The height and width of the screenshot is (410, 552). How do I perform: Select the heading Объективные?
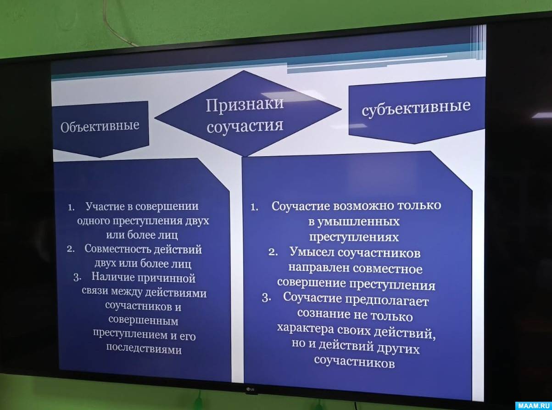[100, 126]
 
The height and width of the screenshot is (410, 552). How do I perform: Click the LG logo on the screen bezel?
[251, 389]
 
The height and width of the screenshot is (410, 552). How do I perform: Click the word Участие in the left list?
[105, 207]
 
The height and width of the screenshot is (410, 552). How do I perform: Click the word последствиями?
[144, 349]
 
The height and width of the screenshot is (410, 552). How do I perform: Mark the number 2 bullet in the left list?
[71, 249]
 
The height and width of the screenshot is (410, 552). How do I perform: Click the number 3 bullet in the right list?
[266, 298]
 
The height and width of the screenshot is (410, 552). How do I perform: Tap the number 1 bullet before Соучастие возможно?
[254, 207]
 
